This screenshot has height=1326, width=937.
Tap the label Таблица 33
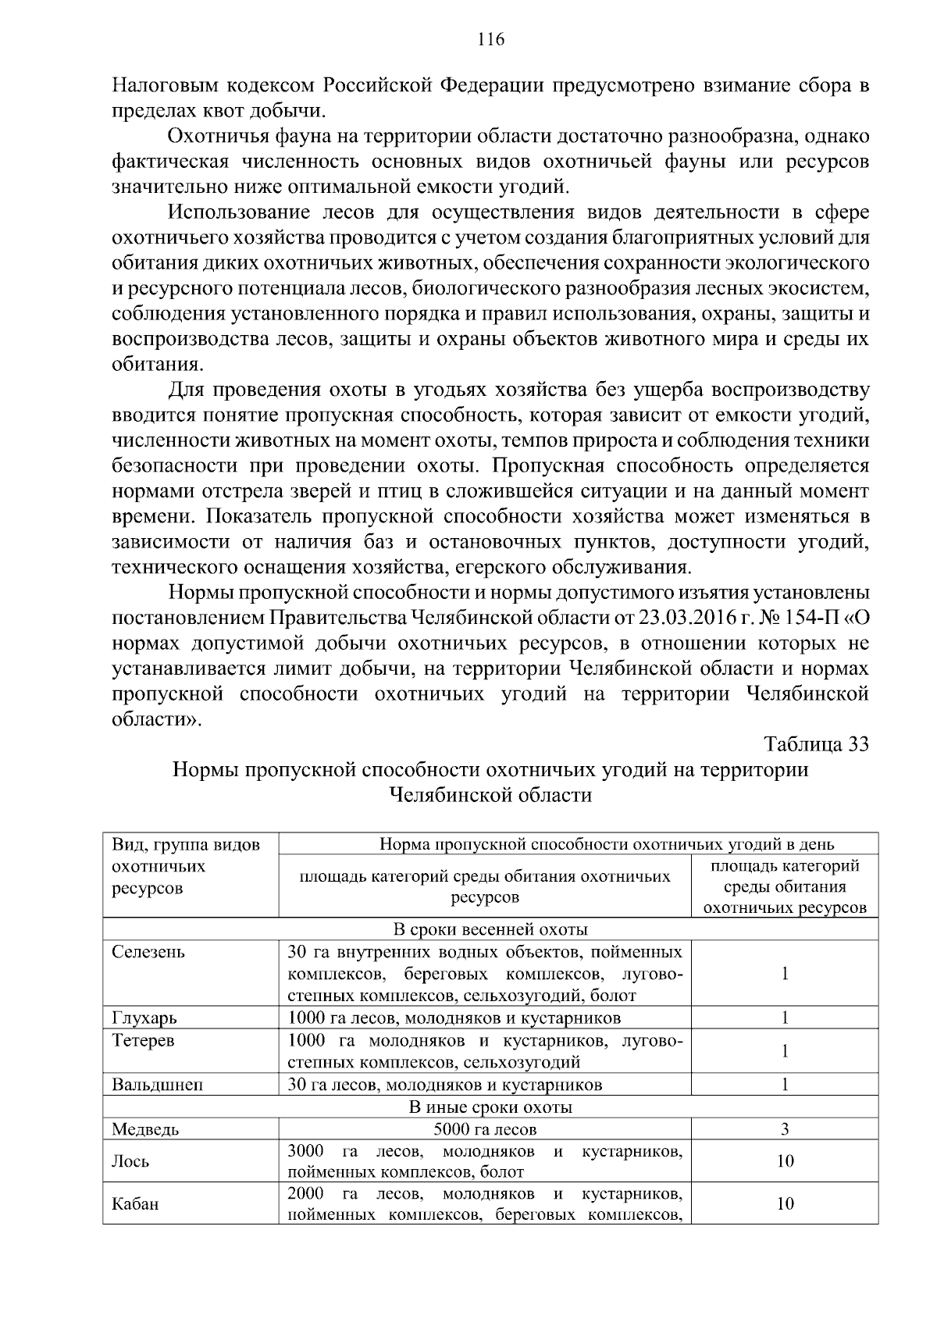[x=816, y=743]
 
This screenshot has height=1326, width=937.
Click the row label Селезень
[x=149, y=952]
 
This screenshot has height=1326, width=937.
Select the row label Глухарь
[x=144, y=1018]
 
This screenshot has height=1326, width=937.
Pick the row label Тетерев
[x=144, y=1040]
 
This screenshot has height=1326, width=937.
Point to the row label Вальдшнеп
[x=158, y=1084]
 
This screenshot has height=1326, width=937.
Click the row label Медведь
[x=145, y=1129]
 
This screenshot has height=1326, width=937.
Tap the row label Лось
[x=130, y=1161]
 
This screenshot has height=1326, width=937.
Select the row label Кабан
[x=136, y=1204]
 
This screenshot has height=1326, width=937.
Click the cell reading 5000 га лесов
[x=485, y=1129]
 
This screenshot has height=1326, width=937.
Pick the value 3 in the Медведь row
[x=785, y=1129]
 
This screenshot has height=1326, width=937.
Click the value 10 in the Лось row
[x=785, y=1161]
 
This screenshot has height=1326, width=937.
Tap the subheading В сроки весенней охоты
[x=490, y=929]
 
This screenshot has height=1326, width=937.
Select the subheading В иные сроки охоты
[x=490, y=1107]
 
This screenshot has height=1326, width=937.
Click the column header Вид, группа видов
[x=186, y=845]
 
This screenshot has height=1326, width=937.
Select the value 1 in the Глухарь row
[x=785, y=1018]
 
